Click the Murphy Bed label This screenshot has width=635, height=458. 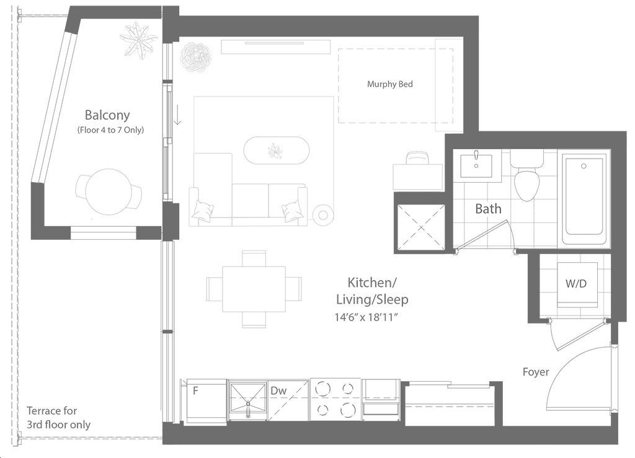coord(389,84)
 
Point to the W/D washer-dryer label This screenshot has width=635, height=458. coord(576,284)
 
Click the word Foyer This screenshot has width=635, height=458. coord(536,372)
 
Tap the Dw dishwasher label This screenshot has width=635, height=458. coord(278,390)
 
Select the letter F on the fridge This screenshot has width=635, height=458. coord(195,390)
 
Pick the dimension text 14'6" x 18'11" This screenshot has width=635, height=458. coord(366,317)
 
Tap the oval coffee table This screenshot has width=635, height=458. coord(277,151)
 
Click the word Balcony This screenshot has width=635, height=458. coord(107,115)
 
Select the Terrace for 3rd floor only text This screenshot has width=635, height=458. coord(58,418)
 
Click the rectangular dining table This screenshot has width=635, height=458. coord(254,289)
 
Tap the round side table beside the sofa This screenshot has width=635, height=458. coord(323,215)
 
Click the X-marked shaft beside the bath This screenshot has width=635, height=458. coord(421,228)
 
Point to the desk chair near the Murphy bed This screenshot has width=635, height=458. coord(417,158)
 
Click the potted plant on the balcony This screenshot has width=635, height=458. coord(138,41)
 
